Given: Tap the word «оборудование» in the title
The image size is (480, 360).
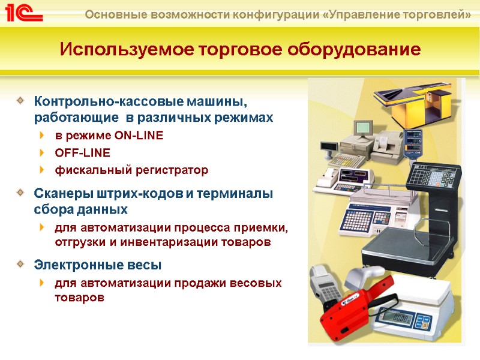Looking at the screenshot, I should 353,49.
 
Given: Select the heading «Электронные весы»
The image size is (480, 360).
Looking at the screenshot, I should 98,264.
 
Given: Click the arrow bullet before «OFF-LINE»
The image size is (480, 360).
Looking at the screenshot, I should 41,152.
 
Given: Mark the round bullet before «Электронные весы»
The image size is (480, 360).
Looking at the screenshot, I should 21,263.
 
